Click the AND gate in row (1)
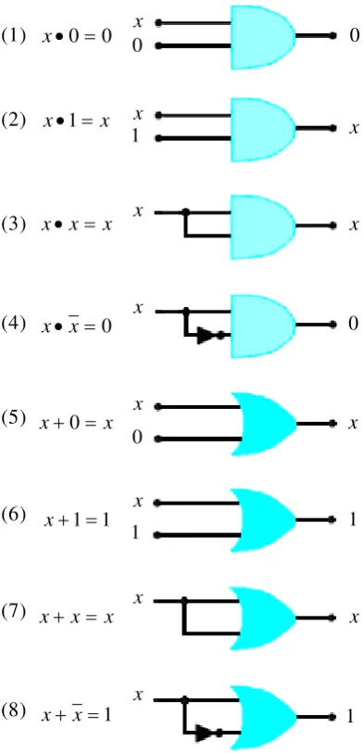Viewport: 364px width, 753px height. pyautogui.click(x=263, y=37)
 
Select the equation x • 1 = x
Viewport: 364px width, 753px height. pyautogui.click(x=76, y=121)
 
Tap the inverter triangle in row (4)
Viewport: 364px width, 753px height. pyautogui.click(x=205, y=336)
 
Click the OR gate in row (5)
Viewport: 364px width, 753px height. pyautogui.click(x=264, y=424)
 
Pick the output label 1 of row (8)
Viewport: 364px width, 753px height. pyautogui.click(x=351, y=717)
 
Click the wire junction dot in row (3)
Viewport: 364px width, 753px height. pyautogui.click(x=185, y=211)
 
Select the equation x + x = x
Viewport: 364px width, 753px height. pyautogui.click(x=76, y=617)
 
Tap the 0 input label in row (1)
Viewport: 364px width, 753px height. pyautogui.click(x=138, y=47)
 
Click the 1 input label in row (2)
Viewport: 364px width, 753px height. pyautogui.click(x=136, y=137)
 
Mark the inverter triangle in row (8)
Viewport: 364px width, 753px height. pyautogui.click(x=205, y=734)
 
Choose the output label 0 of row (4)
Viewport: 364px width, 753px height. pyautogui.click(x=354, y=325)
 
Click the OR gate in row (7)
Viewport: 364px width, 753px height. pyautogui.click(x=263, y=618)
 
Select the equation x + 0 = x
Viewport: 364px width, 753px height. pyautogui.click(x=77, y=424)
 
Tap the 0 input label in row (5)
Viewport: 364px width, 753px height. pyautogui.click(x=138, y=439)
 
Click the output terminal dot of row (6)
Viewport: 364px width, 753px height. pyautogui.click(x=331, y=519)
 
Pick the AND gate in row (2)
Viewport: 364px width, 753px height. pyautogui.click(x=263, y=130)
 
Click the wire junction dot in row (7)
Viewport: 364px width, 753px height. pyautogui.click(x=183, y=600)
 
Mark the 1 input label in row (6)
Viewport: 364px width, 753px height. pyautogui.click(x=136, y=533)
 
